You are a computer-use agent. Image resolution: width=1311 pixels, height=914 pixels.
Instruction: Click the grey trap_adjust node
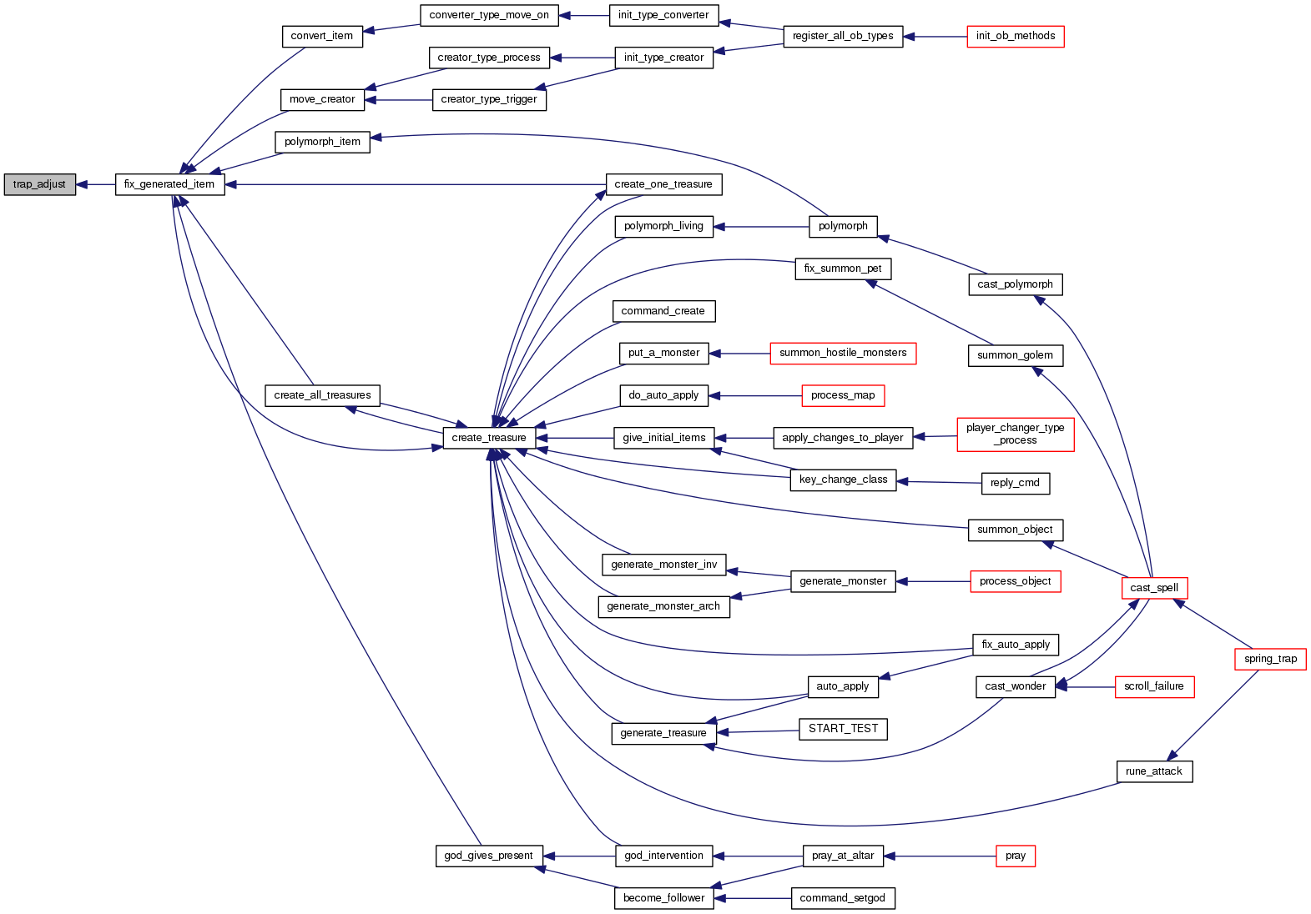click(39, 184)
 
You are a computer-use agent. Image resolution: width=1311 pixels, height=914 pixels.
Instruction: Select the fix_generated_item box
click(169, 184)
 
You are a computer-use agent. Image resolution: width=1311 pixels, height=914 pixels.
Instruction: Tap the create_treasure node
click(489, 438)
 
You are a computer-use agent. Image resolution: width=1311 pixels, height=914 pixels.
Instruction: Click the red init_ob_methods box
click(1015, 36)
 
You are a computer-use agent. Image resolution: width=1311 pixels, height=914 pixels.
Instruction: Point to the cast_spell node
click(1154, 588)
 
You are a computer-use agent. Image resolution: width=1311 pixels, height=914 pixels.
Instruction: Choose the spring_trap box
click(1270, 659)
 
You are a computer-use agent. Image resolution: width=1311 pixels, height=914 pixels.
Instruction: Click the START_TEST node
click(843, 729)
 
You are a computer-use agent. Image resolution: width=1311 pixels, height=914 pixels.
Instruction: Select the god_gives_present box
click(489, 856)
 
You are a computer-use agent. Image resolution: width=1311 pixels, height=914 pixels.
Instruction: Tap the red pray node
click(1015, 856)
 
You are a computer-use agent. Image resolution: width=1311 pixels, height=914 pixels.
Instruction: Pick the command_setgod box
click(842, 898)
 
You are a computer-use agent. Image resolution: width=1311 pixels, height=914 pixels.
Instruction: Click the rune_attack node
click(1154, 771)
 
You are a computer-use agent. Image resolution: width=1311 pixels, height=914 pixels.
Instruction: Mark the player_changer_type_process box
click(1015, 434)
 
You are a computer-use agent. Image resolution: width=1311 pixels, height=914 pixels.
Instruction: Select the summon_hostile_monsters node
click(843, 353)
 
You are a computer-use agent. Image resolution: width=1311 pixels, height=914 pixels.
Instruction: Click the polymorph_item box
click(322, 142)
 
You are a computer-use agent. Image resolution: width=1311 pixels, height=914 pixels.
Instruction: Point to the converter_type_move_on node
click(489, 15)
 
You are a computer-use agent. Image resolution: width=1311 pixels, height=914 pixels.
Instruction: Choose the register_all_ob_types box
click(843, 36)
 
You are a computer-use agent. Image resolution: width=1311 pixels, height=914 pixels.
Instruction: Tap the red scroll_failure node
click(1154, 686)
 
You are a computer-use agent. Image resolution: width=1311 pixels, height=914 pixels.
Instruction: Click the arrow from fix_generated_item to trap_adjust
click(95, 184)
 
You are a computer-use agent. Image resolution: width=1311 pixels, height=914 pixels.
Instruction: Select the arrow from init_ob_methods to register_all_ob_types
click(935, 37)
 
